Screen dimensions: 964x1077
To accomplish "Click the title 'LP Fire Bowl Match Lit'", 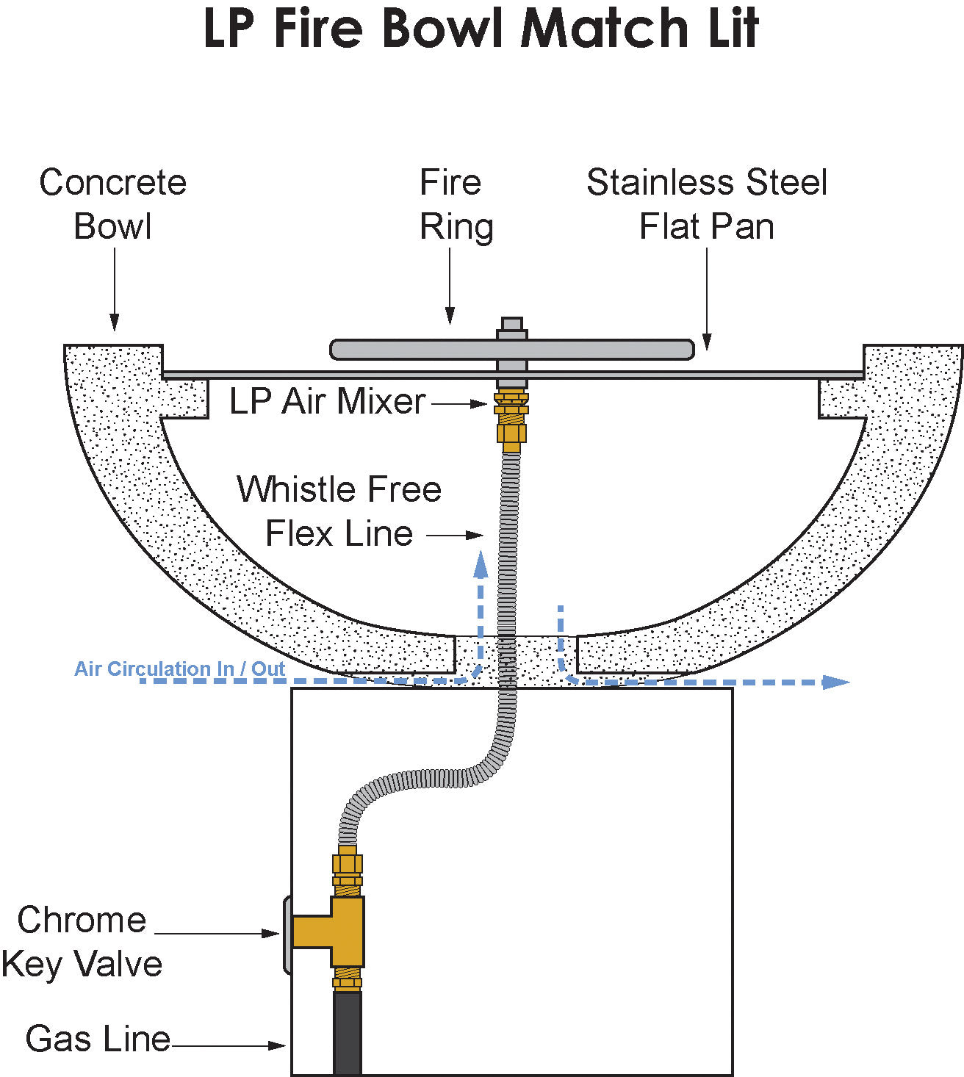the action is click(x=481, y=29).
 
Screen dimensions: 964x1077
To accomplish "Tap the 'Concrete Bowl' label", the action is click(x=112, y=204).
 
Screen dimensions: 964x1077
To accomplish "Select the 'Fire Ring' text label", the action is click(x=456, y=205).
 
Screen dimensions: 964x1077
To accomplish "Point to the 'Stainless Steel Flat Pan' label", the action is click(x=707, y=204).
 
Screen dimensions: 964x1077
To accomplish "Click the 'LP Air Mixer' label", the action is click(x=327, y=401).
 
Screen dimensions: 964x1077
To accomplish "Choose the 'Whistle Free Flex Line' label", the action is click(x=339, y=511).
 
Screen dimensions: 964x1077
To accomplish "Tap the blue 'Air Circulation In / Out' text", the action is click(x=180, y=669).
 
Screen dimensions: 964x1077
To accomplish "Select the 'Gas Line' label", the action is click(x=98, y=1040).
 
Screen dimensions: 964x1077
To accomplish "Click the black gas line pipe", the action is click(x=348, y=1033).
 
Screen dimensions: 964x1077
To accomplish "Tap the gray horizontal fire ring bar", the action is click(x=512, y=350).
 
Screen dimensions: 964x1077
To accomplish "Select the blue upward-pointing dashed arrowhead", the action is click(x=481, y=564).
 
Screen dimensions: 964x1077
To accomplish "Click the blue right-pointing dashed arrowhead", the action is click(x=835, y=682).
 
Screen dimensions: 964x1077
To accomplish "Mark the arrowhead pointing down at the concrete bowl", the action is click(x=115, y=322).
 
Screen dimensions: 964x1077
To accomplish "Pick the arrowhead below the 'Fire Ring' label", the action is click(x=450, y=316).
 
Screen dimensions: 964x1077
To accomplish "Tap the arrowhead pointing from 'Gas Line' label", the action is click(x=276, y=1045).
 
